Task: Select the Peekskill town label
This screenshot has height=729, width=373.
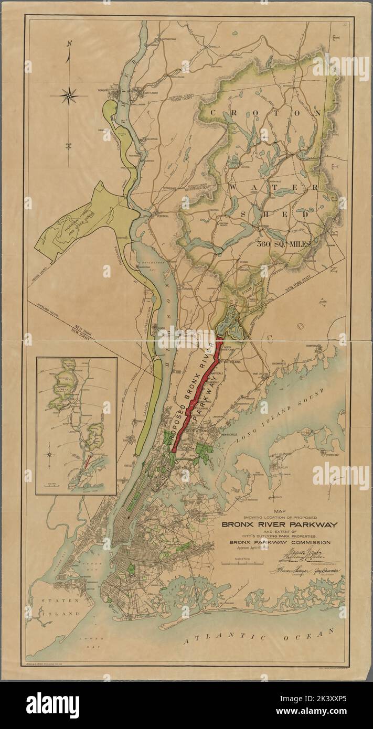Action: pyautogui.click(x=158, y=216)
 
